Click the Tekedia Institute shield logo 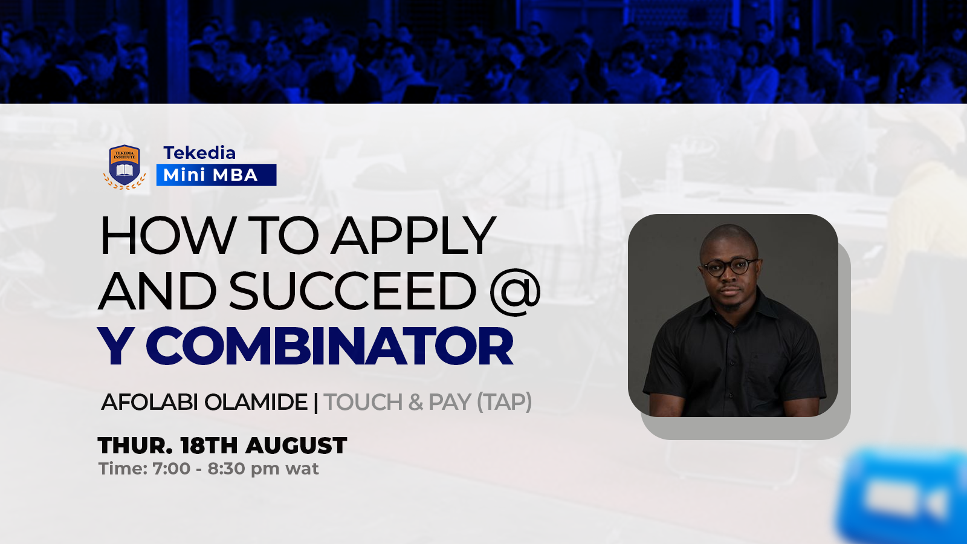(125, 167)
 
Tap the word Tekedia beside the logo (199, 153)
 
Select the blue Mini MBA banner (216, 175)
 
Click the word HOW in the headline (167, 236)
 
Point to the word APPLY (413, 236)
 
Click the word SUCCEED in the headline (353, 290)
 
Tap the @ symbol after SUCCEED (516, 291)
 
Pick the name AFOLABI (150, 403)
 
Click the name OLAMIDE (256, 403)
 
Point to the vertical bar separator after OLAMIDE (316, 403)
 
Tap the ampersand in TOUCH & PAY (415, 403)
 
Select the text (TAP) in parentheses (504, 403)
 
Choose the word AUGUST (296, 445)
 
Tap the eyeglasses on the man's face (729, 267)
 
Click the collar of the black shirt (729, 308)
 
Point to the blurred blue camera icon (902, 496)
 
